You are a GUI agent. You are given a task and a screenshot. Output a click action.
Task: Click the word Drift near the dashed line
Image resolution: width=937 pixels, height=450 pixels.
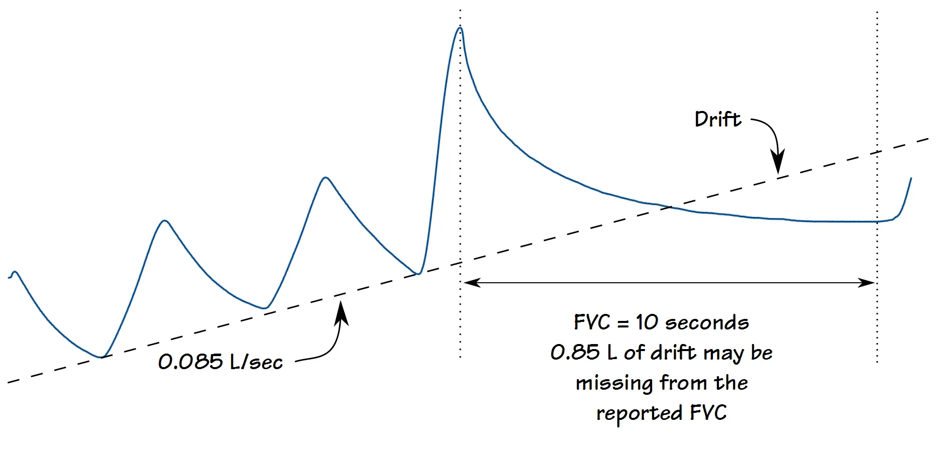pos(718,120)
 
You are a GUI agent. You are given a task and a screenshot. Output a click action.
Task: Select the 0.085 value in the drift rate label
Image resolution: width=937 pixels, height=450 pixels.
pos(190,362)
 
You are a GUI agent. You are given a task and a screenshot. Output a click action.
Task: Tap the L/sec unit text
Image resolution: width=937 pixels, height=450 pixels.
pos(256,362)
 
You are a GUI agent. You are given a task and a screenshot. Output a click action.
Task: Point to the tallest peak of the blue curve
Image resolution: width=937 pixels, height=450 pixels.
pos(460,28)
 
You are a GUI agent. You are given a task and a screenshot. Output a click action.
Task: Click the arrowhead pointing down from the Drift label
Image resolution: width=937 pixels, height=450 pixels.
pos(778,163)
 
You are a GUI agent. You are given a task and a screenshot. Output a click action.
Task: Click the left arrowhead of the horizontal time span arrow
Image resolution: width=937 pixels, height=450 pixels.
pos(472,283)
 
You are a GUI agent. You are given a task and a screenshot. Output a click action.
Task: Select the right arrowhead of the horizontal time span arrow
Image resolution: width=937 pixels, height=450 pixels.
pos(867,283)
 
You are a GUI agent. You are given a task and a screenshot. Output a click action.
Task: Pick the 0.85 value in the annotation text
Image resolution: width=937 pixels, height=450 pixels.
pos(575,353)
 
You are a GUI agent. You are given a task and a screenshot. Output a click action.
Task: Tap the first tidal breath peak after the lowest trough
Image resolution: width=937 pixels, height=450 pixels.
pos(164,221)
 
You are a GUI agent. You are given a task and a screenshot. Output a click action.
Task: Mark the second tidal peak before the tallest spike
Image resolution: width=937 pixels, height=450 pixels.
pos(326,178)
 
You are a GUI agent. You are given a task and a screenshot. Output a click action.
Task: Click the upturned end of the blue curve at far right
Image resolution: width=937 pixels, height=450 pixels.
pos(910,179)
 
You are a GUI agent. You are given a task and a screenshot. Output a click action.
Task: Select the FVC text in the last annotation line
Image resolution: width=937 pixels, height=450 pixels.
pos(708,413)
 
